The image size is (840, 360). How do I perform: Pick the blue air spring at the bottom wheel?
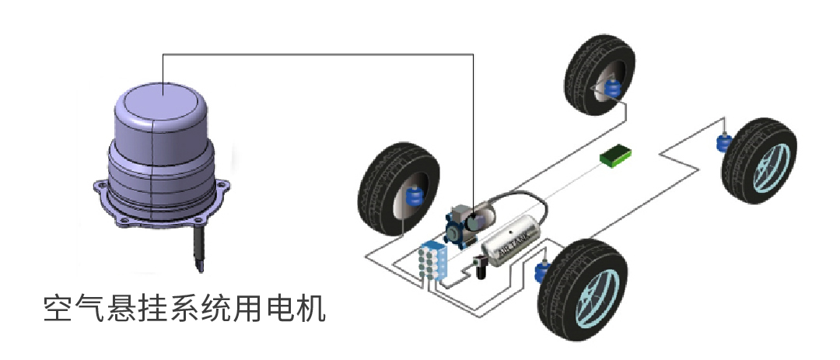click(544, 271)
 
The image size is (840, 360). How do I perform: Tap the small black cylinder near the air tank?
click(479, 271)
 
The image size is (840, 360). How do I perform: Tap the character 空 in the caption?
click(57, 310)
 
